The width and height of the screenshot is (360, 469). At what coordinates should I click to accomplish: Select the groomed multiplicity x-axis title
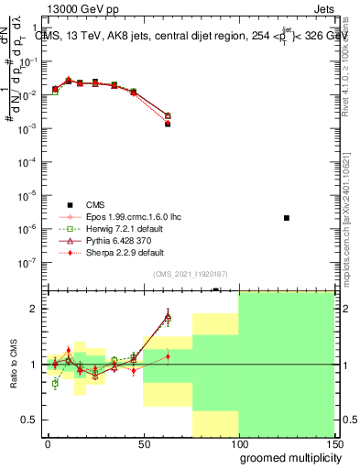(286, 456)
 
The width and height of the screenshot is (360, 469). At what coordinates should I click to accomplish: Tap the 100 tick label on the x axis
(238, 443)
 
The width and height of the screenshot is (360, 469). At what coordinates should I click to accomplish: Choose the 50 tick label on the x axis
(143, 443)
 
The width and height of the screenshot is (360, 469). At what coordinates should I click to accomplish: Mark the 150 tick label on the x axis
(333, 443)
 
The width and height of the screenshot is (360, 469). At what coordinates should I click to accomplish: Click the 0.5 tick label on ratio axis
(30, 420)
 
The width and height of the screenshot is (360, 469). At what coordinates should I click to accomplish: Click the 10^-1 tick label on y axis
(27, 61)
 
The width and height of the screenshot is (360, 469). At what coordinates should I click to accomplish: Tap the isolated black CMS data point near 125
(287, 218)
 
